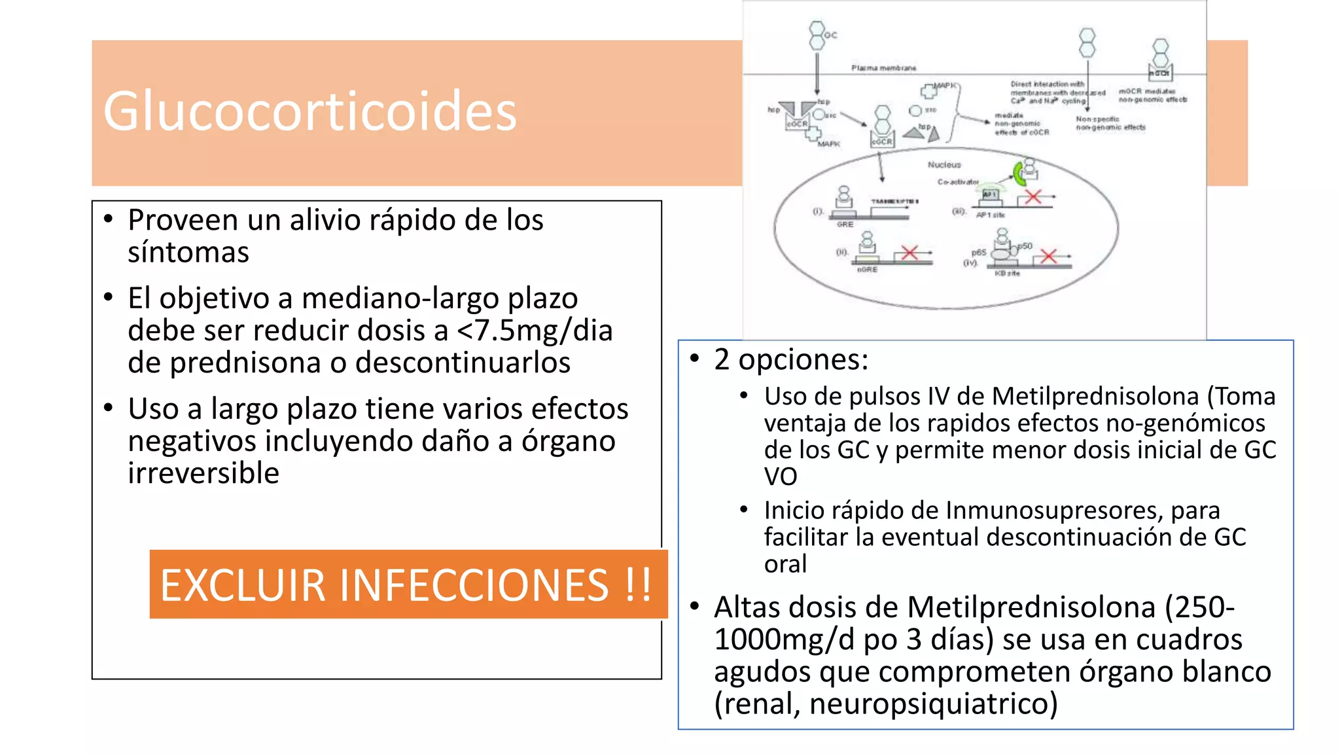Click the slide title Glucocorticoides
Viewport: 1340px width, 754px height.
tap(309, 112)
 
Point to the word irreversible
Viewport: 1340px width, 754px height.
tap(203, 473)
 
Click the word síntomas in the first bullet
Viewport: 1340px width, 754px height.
tap(188, 253)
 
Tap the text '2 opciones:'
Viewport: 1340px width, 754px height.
tap(791, 359)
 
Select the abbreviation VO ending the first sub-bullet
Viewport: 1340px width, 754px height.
tap(781, 477)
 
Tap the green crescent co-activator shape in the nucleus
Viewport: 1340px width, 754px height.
tap(1018, 173)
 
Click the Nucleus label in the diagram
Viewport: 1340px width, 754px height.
tap(944, 165)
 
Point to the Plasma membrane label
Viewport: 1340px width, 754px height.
tap(883, 68)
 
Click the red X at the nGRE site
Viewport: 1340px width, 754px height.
tap(909, 253)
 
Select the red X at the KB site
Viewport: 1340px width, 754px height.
tap(1048, 256)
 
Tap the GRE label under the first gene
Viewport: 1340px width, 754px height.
tap(845, 224)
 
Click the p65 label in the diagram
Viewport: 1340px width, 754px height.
tap(978, 252)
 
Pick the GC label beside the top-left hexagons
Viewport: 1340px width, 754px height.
tap(830, 35)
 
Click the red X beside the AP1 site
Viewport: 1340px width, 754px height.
tap(1033, 196)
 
